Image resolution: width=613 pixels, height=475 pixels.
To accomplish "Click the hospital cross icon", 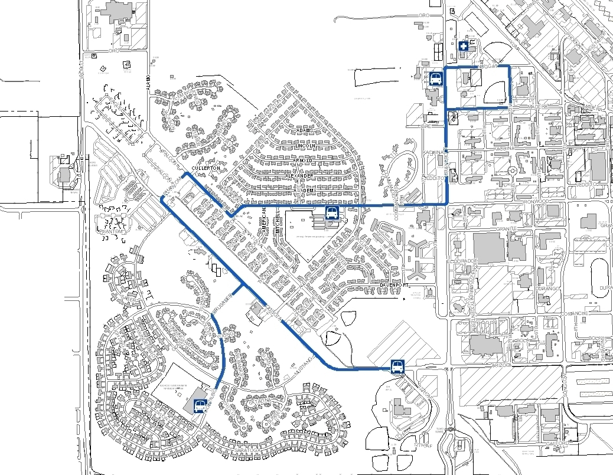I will coord(464,46).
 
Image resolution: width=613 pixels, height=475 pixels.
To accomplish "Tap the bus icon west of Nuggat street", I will coord(436,78).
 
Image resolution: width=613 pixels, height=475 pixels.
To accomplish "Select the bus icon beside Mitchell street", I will coord(332,212).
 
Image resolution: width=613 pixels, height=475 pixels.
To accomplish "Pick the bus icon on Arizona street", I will coord(397,367).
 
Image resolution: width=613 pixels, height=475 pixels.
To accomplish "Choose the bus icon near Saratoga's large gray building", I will coord(200,406).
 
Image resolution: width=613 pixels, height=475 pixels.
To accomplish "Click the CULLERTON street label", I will coord(206,168).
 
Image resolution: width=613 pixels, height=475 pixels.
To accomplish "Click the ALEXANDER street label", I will coord(299,176).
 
